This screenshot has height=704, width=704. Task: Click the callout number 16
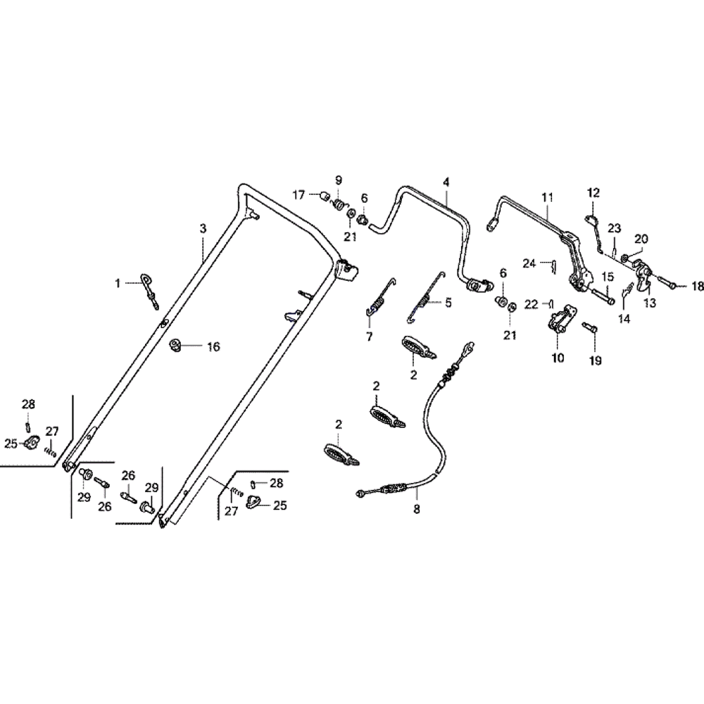213,346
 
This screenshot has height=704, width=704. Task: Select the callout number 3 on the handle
203,229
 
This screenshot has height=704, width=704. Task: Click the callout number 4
446,182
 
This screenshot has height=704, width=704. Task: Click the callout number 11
548,198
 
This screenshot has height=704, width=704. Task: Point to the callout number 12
593,192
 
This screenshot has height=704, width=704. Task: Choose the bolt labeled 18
670,286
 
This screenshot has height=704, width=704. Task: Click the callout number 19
596,360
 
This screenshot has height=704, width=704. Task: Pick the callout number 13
648,303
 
